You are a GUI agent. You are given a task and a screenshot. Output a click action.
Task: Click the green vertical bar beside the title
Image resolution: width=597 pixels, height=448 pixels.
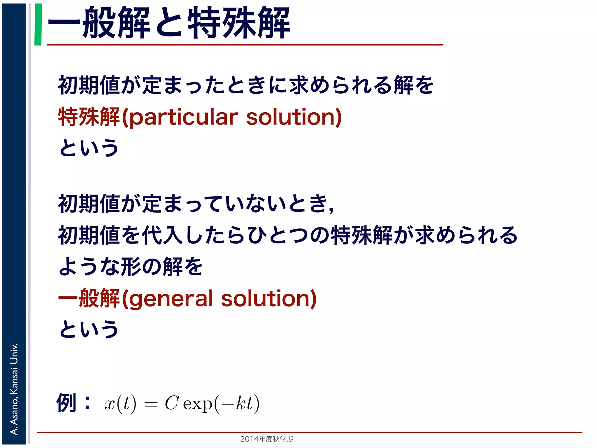[x=38, y=24]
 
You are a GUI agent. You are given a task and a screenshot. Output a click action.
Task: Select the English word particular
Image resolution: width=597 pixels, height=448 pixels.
[x=183, y=117]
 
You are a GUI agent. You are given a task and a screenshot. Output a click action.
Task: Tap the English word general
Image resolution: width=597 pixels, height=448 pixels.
[x=171, y=299]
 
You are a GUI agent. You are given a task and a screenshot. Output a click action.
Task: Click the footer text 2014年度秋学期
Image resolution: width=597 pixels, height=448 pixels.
[x=267, y=439]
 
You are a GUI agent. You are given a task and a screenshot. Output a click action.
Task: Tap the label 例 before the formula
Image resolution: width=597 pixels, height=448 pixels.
[x=66, y=403]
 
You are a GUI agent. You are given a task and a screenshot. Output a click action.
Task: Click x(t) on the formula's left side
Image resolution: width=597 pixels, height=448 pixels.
[x=120, y=404]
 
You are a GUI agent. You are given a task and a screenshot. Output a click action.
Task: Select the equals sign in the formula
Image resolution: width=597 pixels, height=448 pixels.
[x=151, y=405]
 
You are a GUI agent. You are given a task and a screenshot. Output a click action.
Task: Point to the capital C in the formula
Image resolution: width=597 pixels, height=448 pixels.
[x=171, y=403]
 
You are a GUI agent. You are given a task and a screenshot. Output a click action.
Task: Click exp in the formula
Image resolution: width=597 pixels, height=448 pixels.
[x=198, y=405]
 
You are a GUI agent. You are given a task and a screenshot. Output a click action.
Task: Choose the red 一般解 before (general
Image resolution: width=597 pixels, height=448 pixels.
[x=89, y=298]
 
